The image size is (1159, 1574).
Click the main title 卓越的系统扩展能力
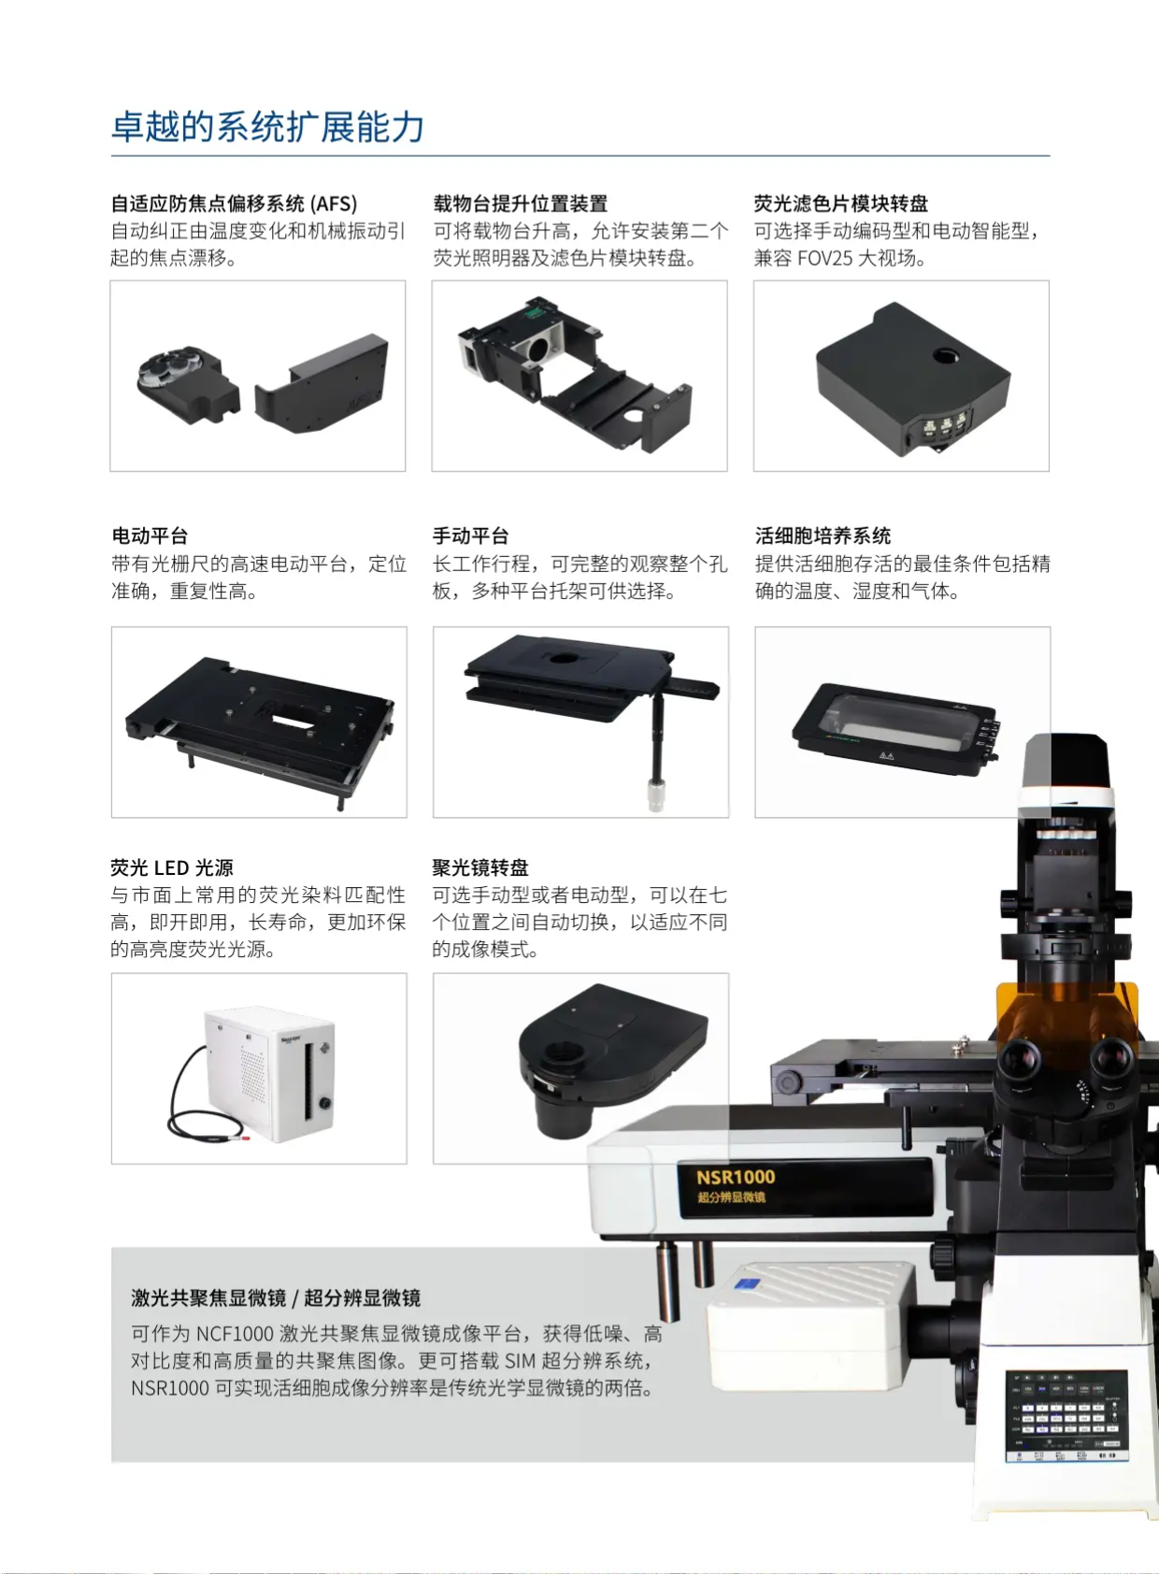[268, 127]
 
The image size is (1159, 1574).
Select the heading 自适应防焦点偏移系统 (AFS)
[234, 204]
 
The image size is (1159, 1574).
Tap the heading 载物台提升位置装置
[520, 204]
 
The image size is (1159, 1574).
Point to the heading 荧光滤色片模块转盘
[841, 204]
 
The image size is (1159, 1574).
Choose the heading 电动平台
[150, 537]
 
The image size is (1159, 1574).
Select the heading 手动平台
[471, 537]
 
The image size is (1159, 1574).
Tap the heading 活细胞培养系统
[823, 537]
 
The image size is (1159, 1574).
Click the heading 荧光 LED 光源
[172, 867]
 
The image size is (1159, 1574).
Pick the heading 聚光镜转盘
[480, 867]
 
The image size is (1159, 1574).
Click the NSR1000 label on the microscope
[736, 1177]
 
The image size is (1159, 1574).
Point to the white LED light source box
[269, 1074]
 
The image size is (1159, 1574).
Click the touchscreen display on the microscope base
[1066, 1417]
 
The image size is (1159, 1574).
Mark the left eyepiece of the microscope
[1020, 1060]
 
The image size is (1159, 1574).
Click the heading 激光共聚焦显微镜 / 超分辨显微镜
[276, 1298]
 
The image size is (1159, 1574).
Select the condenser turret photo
[580, 1068]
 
